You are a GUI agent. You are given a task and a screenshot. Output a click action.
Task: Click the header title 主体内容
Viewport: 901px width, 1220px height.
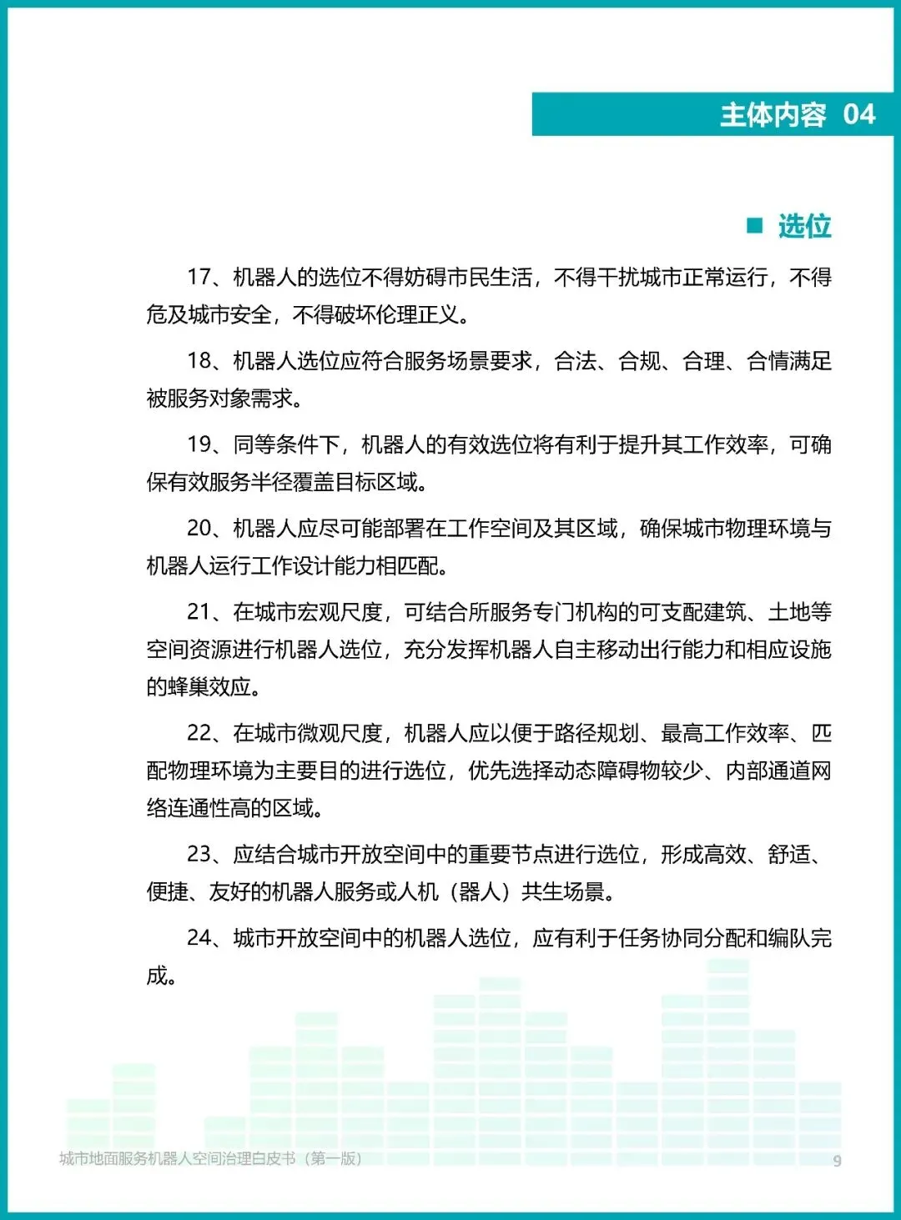tap(773, 114)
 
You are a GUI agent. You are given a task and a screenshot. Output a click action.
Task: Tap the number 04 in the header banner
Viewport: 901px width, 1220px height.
tap(858, 114)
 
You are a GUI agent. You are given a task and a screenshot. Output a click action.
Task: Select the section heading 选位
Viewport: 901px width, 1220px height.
tap(804, 226)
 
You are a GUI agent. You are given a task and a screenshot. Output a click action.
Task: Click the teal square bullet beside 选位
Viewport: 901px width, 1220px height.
tap(755, 225)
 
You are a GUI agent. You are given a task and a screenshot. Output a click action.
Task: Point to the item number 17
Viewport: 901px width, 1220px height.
tap(199, 277)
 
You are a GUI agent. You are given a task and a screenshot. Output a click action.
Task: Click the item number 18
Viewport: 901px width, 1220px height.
tap(199, 360)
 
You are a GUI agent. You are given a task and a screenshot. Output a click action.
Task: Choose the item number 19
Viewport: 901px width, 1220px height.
tap(199, 444)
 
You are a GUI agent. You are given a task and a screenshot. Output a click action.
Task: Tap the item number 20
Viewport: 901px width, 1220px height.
tap(199, 528)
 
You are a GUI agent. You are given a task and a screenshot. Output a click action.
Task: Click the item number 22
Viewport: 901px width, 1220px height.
tap(199, 733)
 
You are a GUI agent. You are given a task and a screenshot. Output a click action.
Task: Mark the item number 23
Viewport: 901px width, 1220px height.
tap(199, 854)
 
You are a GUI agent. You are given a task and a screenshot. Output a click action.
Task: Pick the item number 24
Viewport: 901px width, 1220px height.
tap(199, 937)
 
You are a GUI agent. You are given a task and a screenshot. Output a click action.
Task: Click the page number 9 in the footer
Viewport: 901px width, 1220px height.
tap(837, 1160)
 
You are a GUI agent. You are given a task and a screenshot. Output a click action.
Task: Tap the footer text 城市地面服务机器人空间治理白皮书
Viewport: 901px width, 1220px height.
tap(177, 1158)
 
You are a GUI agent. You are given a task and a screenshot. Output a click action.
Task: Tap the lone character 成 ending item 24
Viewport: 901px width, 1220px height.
tap(157, 975)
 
